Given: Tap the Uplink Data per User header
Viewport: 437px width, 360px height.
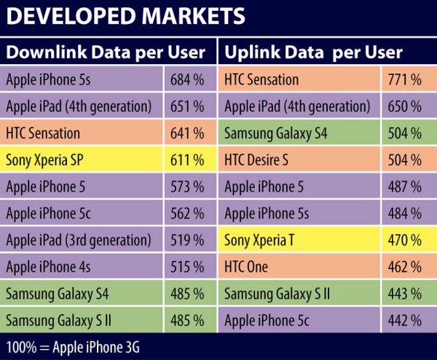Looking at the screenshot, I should click(x=313, y=52).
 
